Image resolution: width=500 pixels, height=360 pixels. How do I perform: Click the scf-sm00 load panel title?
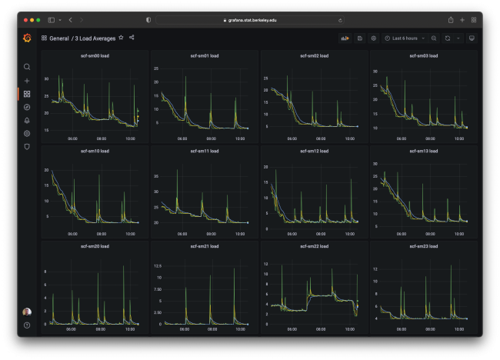95,55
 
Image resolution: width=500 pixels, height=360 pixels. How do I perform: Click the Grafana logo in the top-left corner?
27,38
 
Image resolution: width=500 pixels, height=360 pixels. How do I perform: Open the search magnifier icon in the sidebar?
27,67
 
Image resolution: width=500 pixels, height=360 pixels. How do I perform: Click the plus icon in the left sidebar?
27,80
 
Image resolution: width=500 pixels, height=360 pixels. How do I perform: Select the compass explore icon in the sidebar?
27,107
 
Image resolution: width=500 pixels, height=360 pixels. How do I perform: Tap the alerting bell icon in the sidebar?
27,120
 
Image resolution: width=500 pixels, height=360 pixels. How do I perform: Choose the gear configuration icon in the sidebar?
27,133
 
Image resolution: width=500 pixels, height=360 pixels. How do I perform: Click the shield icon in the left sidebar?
27,146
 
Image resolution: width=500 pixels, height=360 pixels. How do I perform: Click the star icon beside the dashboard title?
121,37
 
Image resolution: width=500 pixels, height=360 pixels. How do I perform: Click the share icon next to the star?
132,37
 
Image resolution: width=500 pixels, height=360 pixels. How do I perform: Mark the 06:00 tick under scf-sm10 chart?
72,234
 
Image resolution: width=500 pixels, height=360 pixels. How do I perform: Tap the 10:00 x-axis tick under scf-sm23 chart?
459,329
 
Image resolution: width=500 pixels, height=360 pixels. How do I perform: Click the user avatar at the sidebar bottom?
27,312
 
